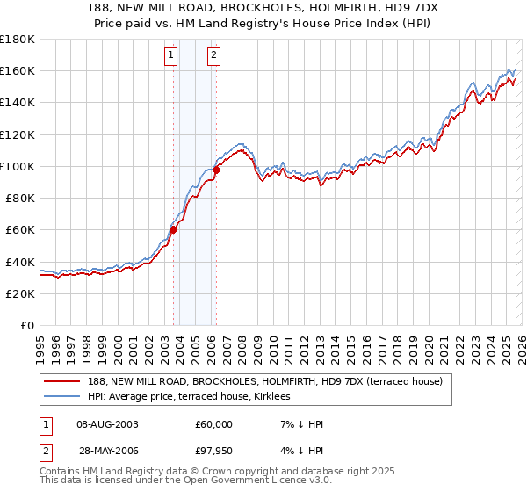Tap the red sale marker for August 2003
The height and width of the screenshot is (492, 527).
pos(174,230)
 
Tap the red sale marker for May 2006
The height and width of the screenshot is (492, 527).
pos(217,170)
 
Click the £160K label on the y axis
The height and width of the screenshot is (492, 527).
pos(18,70)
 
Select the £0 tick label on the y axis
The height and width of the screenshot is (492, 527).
pos(25,325)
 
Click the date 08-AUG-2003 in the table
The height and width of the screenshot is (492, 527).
pos(107,424)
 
